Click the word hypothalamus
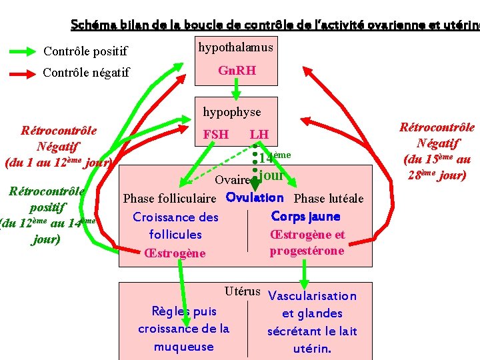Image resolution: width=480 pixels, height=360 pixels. click(235, 47)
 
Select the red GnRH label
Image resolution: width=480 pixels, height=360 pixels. click(237, 71)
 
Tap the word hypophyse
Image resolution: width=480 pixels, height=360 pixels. click(232, 112)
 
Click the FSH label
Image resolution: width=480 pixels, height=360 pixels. click(215, 135)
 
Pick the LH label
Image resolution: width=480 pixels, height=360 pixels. click(259, 135)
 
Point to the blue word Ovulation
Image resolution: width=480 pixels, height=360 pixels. click(255, 197)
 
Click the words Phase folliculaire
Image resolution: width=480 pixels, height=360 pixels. click(170, 199)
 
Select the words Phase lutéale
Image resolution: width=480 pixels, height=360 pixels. click(329, 199)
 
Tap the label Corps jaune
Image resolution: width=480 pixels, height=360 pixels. click(305, 217)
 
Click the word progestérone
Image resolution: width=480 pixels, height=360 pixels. click(307, 251)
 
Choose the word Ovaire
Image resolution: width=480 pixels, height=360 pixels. click(232, 180)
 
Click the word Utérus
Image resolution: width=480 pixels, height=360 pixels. click(242, 291)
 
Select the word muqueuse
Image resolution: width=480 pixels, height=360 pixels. click(183, 347)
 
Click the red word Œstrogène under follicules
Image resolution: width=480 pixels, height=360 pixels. click(175, 253)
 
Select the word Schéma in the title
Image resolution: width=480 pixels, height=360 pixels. click(93, 25)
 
